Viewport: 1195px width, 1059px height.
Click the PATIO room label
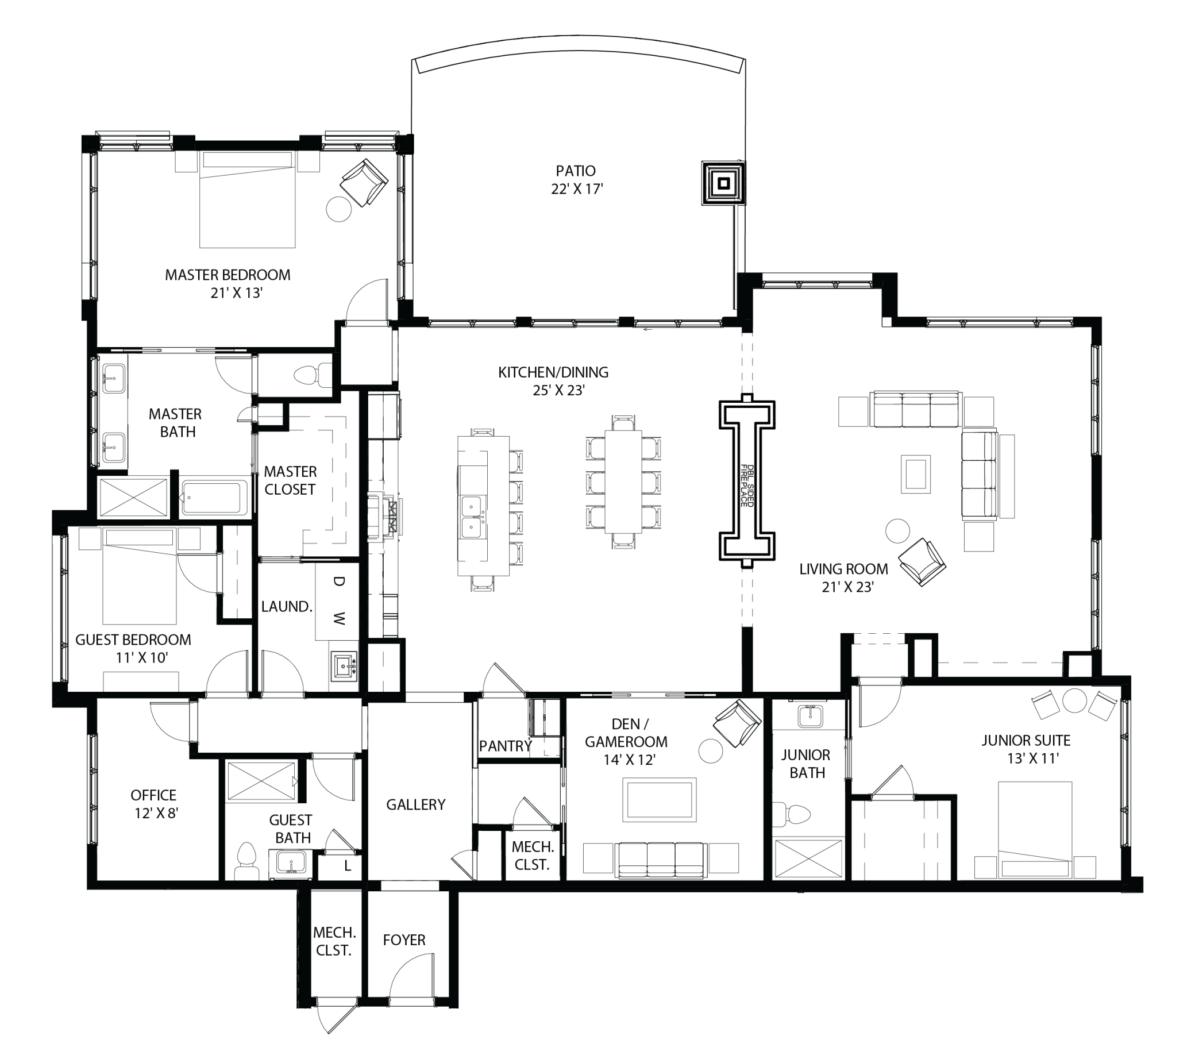[575, 171]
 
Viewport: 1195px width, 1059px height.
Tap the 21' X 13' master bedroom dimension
[236, 293]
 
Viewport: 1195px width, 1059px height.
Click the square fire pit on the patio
[723, 184]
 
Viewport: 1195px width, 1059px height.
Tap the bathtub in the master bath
[214, 498]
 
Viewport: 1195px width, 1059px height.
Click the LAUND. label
[287, 607]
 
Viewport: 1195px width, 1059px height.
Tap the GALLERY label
[416, 804]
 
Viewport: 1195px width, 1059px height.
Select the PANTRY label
[505, 746]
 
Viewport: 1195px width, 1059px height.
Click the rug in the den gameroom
[660, 799]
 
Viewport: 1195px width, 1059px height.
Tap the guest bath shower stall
[261, 781]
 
